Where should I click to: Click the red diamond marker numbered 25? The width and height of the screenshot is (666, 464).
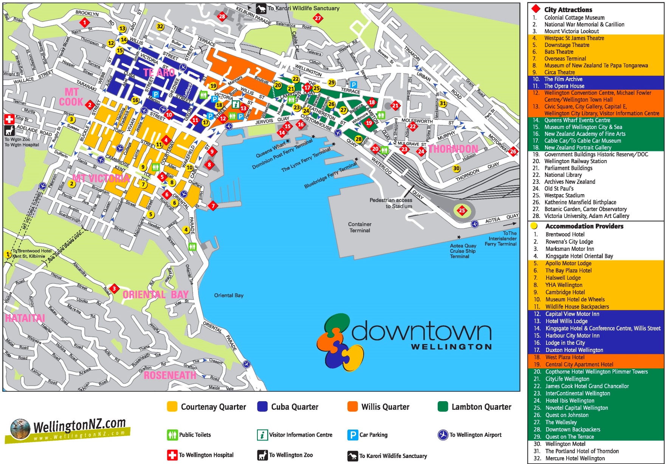[462, 210]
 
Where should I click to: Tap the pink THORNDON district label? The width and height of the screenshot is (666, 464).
[453, 149]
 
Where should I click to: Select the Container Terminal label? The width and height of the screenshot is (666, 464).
[359, 227]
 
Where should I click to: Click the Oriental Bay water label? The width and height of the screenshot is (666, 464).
[229, 295]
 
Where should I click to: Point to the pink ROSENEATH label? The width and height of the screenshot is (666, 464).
[170, 375]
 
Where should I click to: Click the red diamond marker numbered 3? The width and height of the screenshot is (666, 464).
[114, 288]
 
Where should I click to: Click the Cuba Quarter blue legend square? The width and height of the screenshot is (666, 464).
[262, 406]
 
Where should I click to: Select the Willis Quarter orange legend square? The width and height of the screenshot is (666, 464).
[352, 406]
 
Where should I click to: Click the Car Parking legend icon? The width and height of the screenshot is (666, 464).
[352, 435]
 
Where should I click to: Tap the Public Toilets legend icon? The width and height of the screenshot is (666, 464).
[172, 435]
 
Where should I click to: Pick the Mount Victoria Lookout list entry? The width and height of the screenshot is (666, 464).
[571, 31]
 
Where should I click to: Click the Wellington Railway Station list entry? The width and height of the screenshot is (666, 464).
[575, 161]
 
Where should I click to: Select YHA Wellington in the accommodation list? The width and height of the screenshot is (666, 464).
[564, 285]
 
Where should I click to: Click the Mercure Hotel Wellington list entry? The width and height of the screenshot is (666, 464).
[575, 458]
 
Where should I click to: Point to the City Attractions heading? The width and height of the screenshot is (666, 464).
[568, 10]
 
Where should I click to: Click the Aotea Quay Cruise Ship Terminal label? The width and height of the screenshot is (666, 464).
[463, 251]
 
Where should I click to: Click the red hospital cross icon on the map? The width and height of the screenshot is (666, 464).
[9, 119]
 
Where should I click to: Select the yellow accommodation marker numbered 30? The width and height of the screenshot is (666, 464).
[457, 168]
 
